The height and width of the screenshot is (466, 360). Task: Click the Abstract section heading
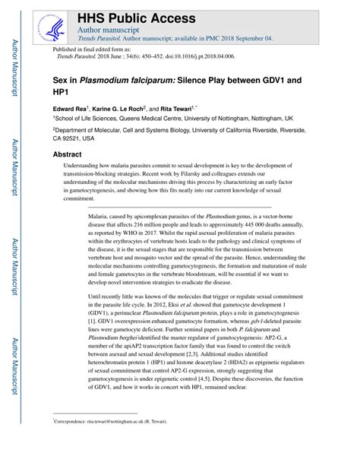coord(67,154)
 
